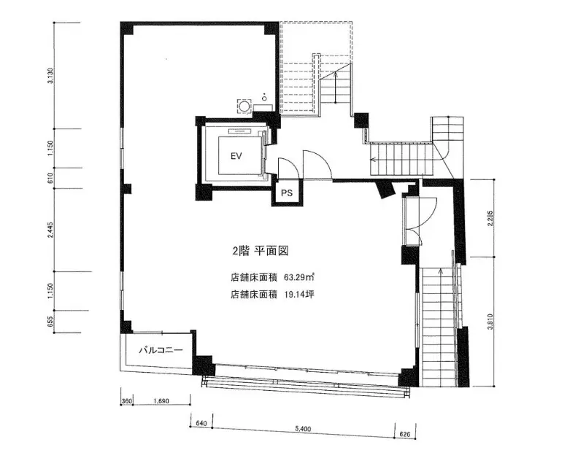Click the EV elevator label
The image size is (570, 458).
236,156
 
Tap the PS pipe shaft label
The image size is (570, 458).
287,193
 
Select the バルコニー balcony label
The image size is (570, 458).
161,351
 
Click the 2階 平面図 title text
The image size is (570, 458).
261,251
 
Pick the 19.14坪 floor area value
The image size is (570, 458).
299,294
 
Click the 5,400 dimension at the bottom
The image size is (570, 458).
303,429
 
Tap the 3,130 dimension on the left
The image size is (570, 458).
50,76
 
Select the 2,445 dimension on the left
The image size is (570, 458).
50,230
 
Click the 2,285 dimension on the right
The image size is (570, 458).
490,218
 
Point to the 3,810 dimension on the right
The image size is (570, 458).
490,322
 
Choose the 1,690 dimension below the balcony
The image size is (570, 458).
161,401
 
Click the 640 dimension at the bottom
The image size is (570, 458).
201,424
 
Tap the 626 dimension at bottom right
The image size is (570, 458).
404,434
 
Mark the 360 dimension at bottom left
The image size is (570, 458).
126,401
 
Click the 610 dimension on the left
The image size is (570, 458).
50,178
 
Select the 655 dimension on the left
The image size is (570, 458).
50,322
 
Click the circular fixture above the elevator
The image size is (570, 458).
244,106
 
